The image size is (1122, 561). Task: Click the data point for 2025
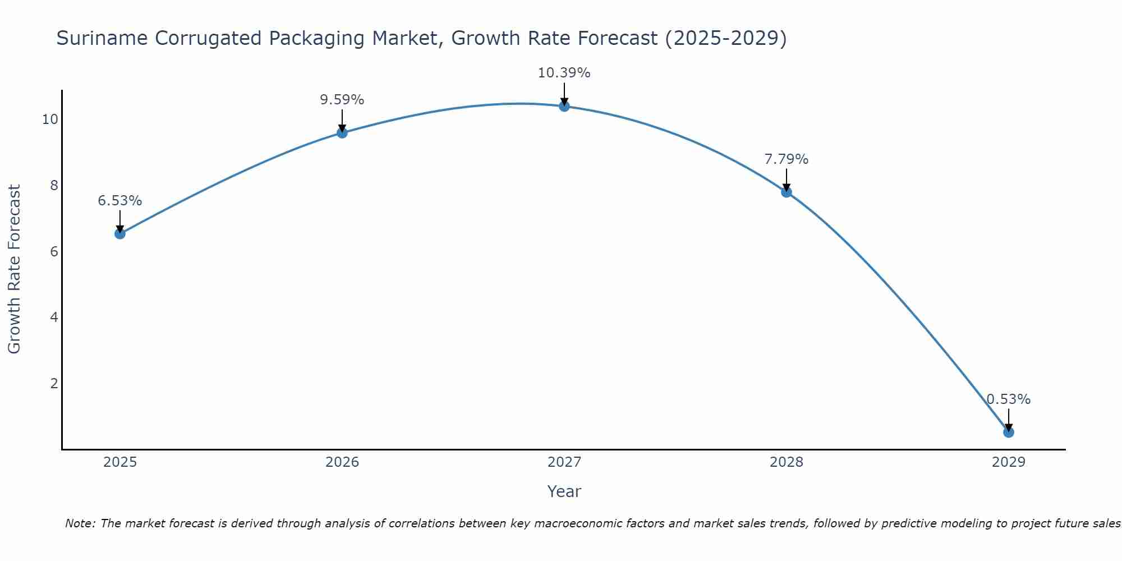click(x=120, y=233)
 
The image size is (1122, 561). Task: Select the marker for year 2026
click(x=342, y=133)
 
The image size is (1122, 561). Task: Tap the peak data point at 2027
click(x=564, y=106)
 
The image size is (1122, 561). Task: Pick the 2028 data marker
click(x=787, y=192)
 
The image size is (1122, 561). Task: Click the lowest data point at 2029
click(x=1009, y=432)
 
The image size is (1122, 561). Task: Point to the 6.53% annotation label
click(x=120, y=201)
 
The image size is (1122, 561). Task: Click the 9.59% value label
click(x=342, y=100)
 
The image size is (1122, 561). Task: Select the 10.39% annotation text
click(x=564, y=73)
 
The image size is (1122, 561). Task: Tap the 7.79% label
click(x=787, y=159)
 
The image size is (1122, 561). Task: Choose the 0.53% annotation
click(x=1009, y=399)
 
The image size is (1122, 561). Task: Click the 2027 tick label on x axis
click(x=564, y=462)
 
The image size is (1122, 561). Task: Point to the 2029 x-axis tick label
click(x=1009, y=462)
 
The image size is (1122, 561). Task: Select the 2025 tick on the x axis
click(x=120, y=462)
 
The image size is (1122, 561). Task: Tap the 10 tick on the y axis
click(x=50, y=119)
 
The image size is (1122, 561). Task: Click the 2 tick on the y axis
click(x=54, y=384)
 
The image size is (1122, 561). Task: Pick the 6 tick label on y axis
click(x=54, y=251)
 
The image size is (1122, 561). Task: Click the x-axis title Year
click(x=564, y=491)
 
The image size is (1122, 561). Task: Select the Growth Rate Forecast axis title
click(x=15, y=269)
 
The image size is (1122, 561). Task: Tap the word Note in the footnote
click(x=80, y=523)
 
